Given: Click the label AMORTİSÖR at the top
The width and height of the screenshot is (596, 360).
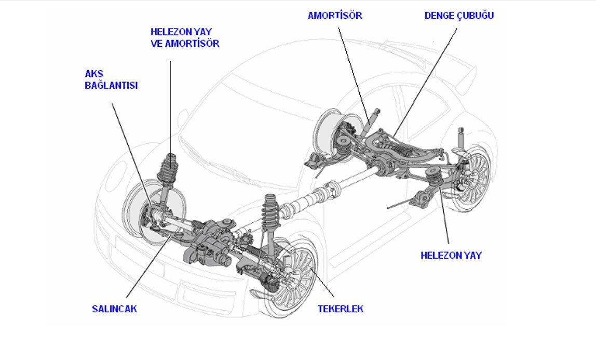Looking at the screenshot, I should pyautogui.click(x=335, y=16).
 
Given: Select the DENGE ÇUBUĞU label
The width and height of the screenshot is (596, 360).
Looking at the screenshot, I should pyautogui.click(x=459, y=16).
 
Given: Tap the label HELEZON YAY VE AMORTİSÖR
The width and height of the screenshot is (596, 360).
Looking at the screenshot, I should pyautogui.click(x=185, y=38).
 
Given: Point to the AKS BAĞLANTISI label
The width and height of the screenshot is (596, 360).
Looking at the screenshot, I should pyautogui.click(x=111, y=80).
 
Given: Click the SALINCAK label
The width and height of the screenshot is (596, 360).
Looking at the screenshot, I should pyautogui.click(x=114, y=309).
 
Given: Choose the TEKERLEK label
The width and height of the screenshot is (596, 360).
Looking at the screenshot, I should pyautogui.click(x=341, y=309).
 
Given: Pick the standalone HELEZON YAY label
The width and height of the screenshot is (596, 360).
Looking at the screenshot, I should pyautogui.click(x=451, y=256).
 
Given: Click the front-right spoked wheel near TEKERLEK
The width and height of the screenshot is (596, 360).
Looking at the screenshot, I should pyautogui.click(x=295, y=278).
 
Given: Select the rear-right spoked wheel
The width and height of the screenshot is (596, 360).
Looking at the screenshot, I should pyautogui.click(x=470, y=179).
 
